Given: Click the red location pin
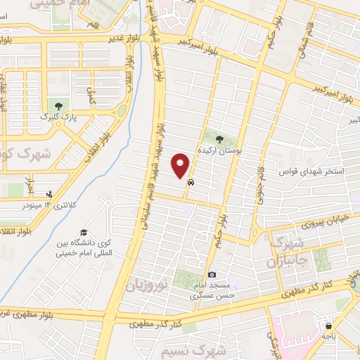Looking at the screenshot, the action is [x=181, y=166].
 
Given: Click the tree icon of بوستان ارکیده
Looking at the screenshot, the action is [x=219, y=139].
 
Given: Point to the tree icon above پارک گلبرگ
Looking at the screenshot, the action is [x=58, y=106].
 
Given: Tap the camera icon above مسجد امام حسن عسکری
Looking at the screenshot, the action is [x=212, y=275].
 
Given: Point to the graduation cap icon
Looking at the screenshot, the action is [x=84, y=233].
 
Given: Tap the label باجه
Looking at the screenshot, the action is [x=328, y=337].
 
